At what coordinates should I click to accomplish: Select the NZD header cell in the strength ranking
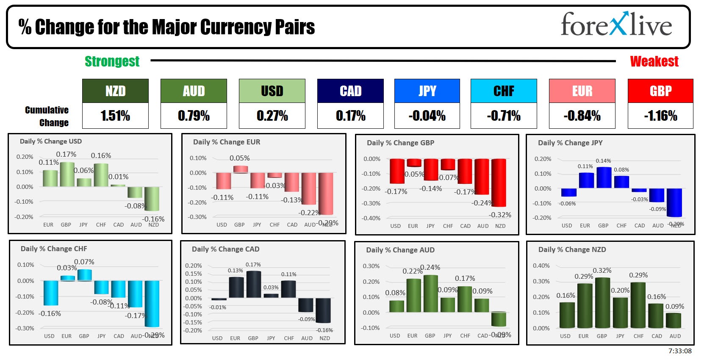tap(115, 91)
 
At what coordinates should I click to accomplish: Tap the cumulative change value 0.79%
tap(194, 116)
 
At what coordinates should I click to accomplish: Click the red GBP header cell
tap(660, 91)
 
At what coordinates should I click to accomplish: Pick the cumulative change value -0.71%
tap(504, 116)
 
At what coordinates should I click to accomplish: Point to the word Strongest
tap(112, 61)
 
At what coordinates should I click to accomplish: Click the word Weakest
tap(654, 61)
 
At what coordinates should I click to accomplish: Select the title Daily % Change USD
tap(51, 141)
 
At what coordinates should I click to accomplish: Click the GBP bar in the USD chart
tap(67, 174)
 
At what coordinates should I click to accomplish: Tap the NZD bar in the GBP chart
tap(499, 183)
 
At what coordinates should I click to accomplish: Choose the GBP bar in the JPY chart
tap(604, 177)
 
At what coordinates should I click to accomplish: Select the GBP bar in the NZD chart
tap(602, 303)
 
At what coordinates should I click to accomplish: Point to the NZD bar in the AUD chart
tap(499, 319)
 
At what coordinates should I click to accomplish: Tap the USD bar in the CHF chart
tap(51, 293)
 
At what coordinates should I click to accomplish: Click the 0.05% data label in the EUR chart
tap(240, 158)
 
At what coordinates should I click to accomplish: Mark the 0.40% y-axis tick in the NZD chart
tap(541, 266)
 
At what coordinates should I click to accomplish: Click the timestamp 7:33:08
tap(680, 351)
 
